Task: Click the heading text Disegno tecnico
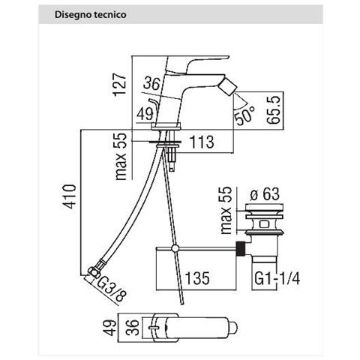(91, 14)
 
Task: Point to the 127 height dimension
(119, 84)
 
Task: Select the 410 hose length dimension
(68, 196)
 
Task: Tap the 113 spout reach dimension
(202, 142)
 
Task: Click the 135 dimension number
(196, 278)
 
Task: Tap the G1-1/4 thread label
(277, 278)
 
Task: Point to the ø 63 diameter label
(265, 193)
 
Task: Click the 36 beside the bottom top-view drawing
(134, 327)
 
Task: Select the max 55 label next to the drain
(226, 211)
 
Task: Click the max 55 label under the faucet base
(121, 156)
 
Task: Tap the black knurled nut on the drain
(240, 248)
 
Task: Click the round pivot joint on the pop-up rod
(175, 248)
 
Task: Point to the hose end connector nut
(93, 271)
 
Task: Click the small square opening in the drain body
(264, 223)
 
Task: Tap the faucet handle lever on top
(197, 63)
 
